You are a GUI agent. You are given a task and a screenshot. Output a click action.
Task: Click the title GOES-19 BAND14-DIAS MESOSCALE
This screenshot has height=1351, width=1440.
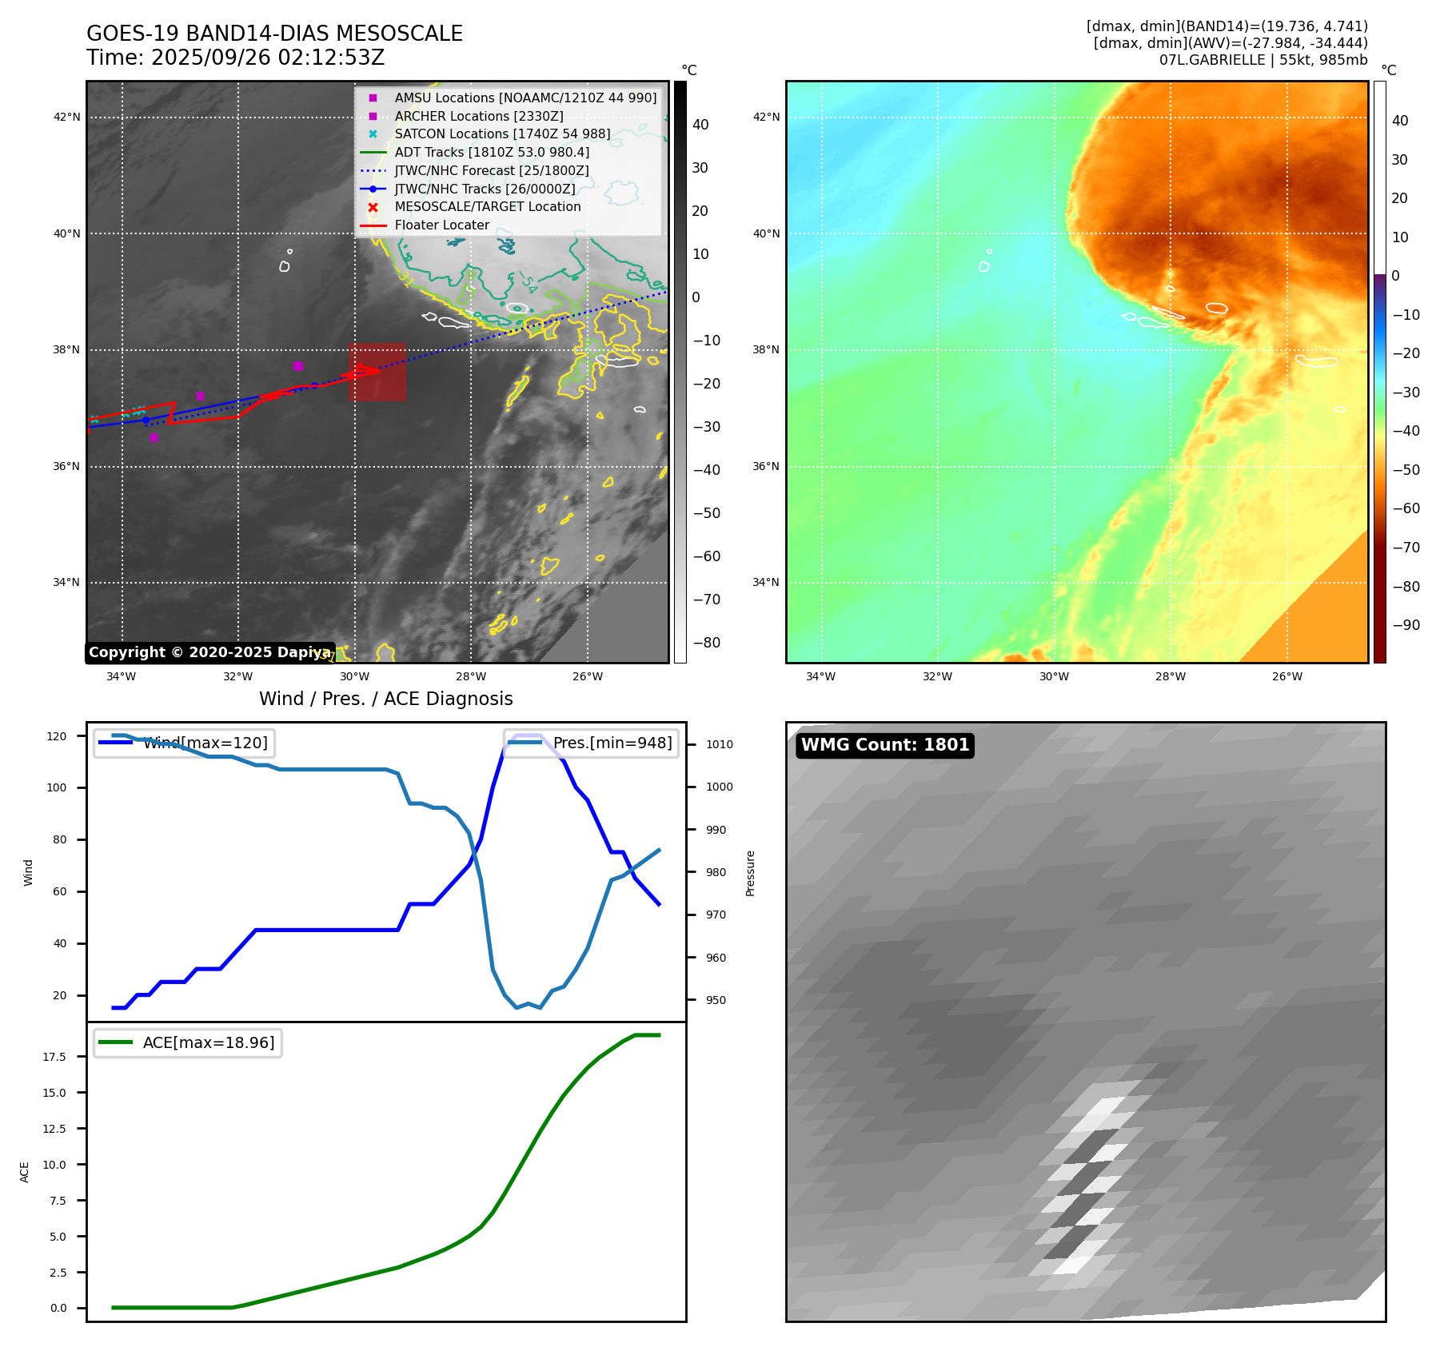click(x=274, y=34)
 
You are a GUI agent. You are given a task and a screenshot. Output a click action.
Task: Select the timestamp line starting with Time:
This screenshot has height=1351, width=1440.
click(x=236, y=58)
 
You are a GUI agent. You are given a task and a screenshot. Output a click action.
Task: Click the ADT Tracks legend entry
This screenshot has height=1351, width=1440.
click(x=492, y=152)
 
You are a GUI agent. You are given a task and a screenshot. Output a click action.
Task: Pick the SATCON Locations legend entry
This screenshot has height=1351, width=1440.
click(x=502, y=134)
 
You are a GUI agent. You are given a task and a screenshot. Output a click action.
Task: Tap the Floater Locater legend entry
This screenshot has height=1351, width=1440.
click(x=441, y=225)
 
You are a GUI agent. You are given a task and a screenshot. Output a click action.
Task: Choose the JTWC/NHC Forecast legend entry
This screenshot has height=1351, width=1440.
click(x=492, y=170)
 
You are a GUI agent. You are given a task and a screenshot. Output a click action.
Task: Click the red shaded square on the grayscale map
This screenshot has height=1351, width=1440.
click(x=377, y=372)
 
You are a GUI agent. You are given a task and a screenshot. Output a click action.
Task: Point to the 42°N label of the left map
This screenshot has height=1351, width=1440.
click(x=67, y=118)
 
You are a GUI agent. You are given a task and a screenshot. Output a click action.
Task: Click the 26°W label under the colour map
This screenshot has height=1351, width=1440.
click(x=1287, y=676)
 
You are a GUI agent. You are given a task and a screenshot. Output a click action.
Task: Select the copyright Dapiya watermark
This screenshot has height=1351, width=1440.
click(x=209, y=652)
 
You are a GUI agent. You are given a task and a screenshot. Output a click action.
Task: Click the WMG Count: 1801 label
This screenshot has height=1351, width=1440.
click(x=885, y=745)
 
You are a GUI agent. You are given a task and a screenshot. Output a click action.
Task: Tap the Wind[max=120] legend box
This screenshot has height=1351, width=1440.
click(x=183, y=743)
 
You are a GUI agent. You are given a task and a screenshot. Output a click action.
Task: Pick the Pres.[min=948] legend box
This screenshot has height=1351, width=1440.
click(x=591, y=743)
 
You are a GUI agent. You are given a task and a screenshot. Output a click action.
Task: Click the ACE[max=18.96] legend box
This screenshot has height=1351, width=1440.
click(x=188, y=1042)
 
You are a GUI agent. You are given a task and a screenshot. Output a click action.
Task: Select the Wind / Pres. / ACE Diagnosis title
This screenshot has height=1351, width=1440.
click(x=385, y=699)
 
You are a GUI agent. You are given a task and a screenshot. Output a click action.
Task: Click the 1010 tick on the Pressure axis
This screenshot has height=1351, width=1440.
click(x=719, y=744)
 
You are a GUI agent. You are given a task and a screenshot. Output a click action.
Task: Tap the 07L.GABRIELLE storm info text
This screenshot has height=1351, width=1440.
click(x=1263, y=60)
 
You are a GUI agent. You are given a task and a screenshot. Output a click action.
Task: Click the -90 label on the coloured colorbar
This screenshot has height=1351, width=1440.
click(x=1406, y=625)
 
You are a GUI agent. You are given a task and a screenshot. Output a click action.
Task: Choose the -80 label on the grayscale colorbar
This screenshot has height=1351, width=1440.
click(x=706, y=643)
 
